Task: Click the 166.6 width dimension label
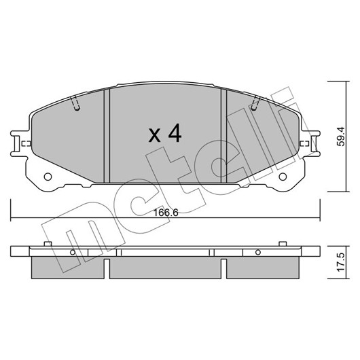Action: [x=166, y=213]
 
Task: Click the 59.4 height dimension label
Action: [x=341, y=136]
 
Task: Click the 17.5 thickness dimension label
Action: [x=341, y=262]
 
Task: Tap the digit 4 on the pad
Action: [x=175, y=133]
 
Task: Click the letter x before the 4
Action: [x=154, y=135]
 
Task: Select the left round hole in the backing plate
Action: [x=48, y=177]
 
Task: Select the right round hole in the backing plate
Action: [x=283, y=177]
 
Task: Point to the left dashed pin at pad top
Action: [x=75, y=103]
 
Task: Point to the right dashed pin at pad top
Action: [x=255, y=103]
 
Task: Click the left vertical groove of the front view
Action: [x=107, y=136]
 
